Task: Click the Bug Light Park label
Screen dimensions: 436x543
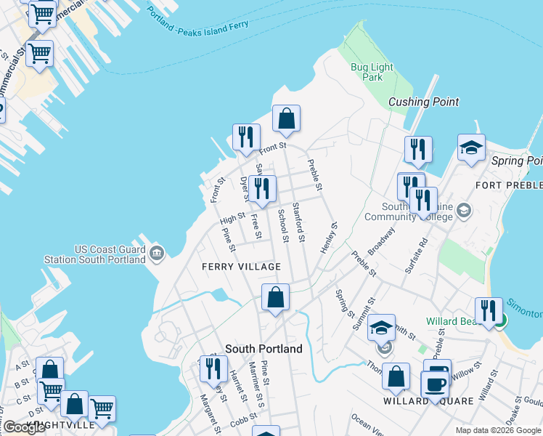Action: (372, 72)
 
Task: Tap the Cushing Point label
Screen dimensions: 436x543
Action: (424, 102)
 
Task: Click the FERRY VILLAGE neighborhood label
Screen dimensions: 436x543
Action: (241, 267)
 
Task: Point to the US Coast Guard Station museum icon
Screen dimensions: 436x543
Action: (158, 254)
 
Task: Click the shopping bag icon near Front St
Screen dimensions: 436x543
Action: (286, 118)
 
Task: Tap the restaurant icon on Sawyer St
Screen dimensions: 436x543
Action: (261, 189)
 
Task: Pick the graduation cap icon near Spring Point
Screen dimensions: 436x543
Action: (471, 148)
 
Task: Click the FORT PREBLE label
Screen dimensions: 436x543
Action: (508, 186)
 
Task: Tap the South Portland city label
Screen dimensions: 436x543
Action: (264, 349)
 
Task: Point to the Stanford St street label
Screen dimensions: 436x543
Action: (298, 222)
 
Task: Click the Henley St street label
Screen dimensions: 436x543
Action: (328, 238)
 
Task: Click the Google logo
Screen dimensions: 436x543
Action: (24, 427)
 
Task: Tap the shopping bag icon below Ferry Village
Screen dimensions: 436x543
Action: (275, 297)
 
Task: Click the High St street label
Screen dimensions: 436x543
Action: (232, 217)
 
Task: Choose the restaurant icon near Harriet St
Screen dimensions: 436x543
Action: (213, 368)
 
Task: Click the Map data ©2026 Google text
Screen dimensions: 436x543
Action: (499, 430)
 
